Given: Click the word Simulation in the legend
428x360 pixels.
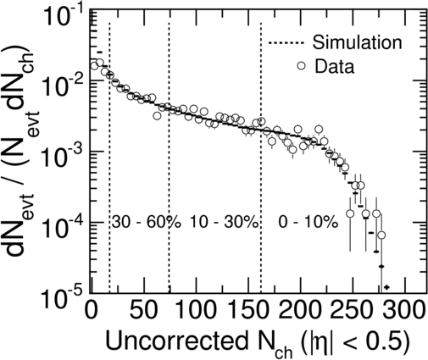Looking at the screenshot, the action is point(357,42).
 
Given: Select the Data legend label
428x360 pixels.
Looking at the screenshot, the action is point(335,67).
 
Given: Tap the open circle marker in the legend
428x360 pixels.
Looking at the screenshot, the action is point(302,65).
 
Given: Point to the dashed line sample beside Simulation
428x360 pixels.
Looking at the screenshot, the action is point(286,43).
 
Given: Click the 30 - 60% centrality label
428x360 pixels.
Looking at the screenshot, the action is point(146,222).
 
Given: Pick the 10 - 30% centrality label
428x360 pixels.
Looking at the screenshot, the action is point(224,222).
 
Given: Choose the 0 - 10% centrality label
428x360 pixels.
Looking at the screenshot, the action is point(308,222).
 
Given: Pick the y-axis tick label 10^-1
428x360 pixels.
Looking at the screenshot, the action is point(64,14).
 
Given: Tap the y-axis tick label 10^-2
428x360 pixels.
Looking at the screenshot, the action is point(64,82).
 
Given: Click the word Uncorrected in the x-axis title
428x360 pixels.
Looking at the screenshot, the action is point(176,341).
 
